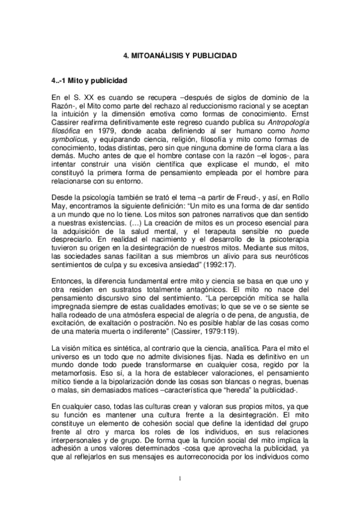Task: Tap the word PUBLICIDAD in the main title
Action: pos(212,55)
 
